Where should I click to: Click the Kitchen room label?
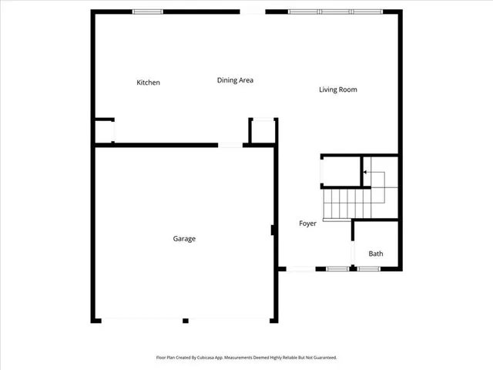(x=148, y=82)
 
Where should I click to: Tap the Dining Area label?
(x=235, y=80)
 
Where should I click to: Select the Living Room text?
(x=338, y=89)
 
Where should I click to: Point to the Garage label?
(x=184, y=239)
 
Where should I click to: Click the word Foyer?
(x=308, y=224)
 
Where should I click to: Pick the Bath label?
(x=375, y=254)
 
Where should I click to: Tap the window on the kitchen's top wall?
(x=148, y=12)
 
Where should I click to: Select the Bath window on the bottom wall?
(x=369, y=268)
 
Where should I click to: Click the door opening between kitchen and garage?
(x=230, y=145)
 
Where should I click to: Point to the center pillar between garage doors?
(x=185, y=320)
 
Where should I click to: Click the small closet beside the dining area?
(x=263, y=131)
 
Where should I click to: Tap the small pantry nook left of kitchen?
(x=103, y=131)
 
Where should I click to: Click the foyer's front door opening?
(x=301, y=268)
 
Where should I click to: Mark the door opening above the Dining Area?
(x=252, y=12)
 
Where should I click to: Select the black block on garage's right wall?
(x=273, y=230)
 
